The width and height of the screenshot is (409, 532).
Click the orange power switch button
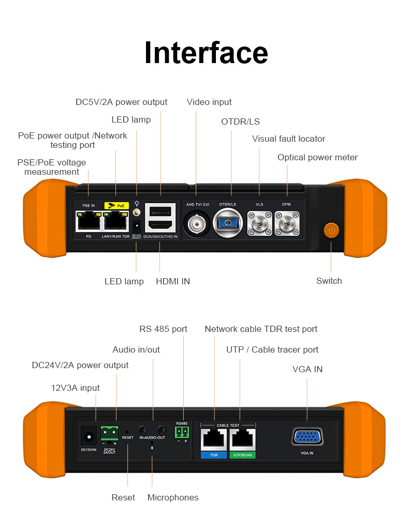(x=331, y=230)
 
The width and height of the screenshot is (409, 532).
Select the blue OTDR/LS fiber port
(x=227, y=223)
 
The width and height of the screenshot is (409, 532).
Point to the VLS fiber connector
(x=259, y=224)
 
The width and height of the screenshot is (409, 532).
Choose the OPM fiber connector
(x=286, y=224)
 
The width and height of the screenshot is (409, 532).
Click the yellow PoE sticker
(x=116, y=205)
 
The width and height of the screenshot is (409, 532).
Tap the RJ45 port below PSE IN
(x=89, y=222)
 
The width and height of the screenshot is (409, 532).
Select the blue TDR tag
(x=214, y=455)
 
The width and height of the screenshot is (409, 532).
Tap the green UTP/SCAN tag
(x=242, y=455)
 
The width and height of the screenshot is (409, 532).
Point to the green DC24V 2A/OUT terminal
(x=109, y=432)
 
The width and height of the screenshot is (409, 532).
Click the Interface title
(x=206, y=53)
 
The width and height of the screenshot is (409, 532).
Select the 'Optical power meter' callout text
(x=317, y=157)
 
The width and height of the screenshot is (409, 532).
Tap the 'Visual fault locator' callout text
(x=288, y=139)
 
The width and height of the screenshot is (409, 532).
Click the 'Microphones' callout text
(x=173, y=497)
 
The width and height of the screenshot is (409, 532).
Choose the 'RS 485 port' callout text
(x=163, y=329)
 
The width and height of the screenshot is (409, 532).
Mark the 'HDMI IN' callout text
(x=173, y=281)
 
